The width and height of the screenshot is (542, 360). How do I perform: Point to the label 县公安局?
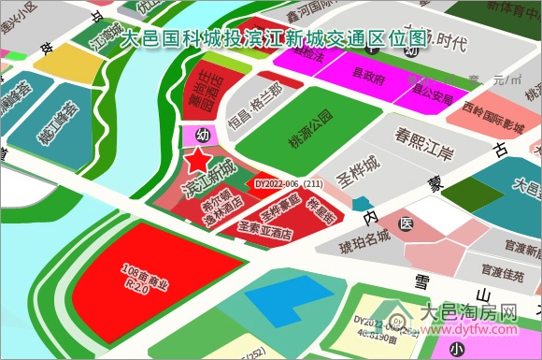click(x=432, y=98)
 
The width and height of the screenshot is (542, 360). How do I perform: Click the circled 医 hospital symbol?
click(x=406, y=224)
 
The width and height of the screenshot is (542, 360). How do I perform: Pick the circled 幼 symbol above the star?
click(x=202, y=137)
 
